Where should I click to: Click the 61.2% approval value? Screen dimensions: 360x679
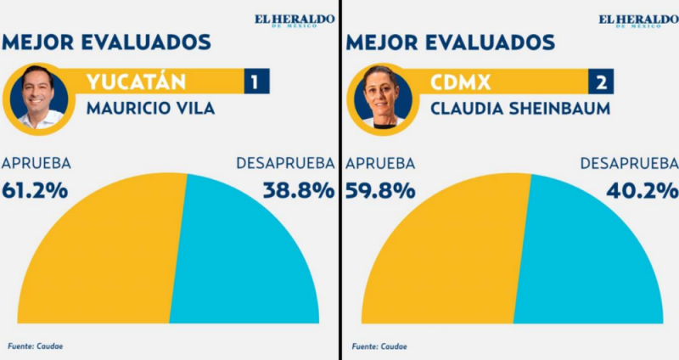point(36,190)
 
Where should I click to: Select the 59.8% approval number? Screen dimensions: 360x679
point(380,190)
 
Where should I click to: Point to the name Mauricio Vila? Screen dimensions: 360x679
point(151,108)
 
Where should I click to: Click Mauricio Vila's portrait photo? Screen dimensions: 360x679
point(41,96)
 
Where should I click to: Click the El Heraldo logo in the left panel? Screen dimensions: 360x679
point(294,20)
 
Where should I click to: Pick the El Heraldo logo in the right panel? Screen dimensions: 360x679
point(637,20)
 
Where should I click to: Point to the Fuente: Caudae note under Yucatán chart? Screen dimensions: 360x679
point(35,346)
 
